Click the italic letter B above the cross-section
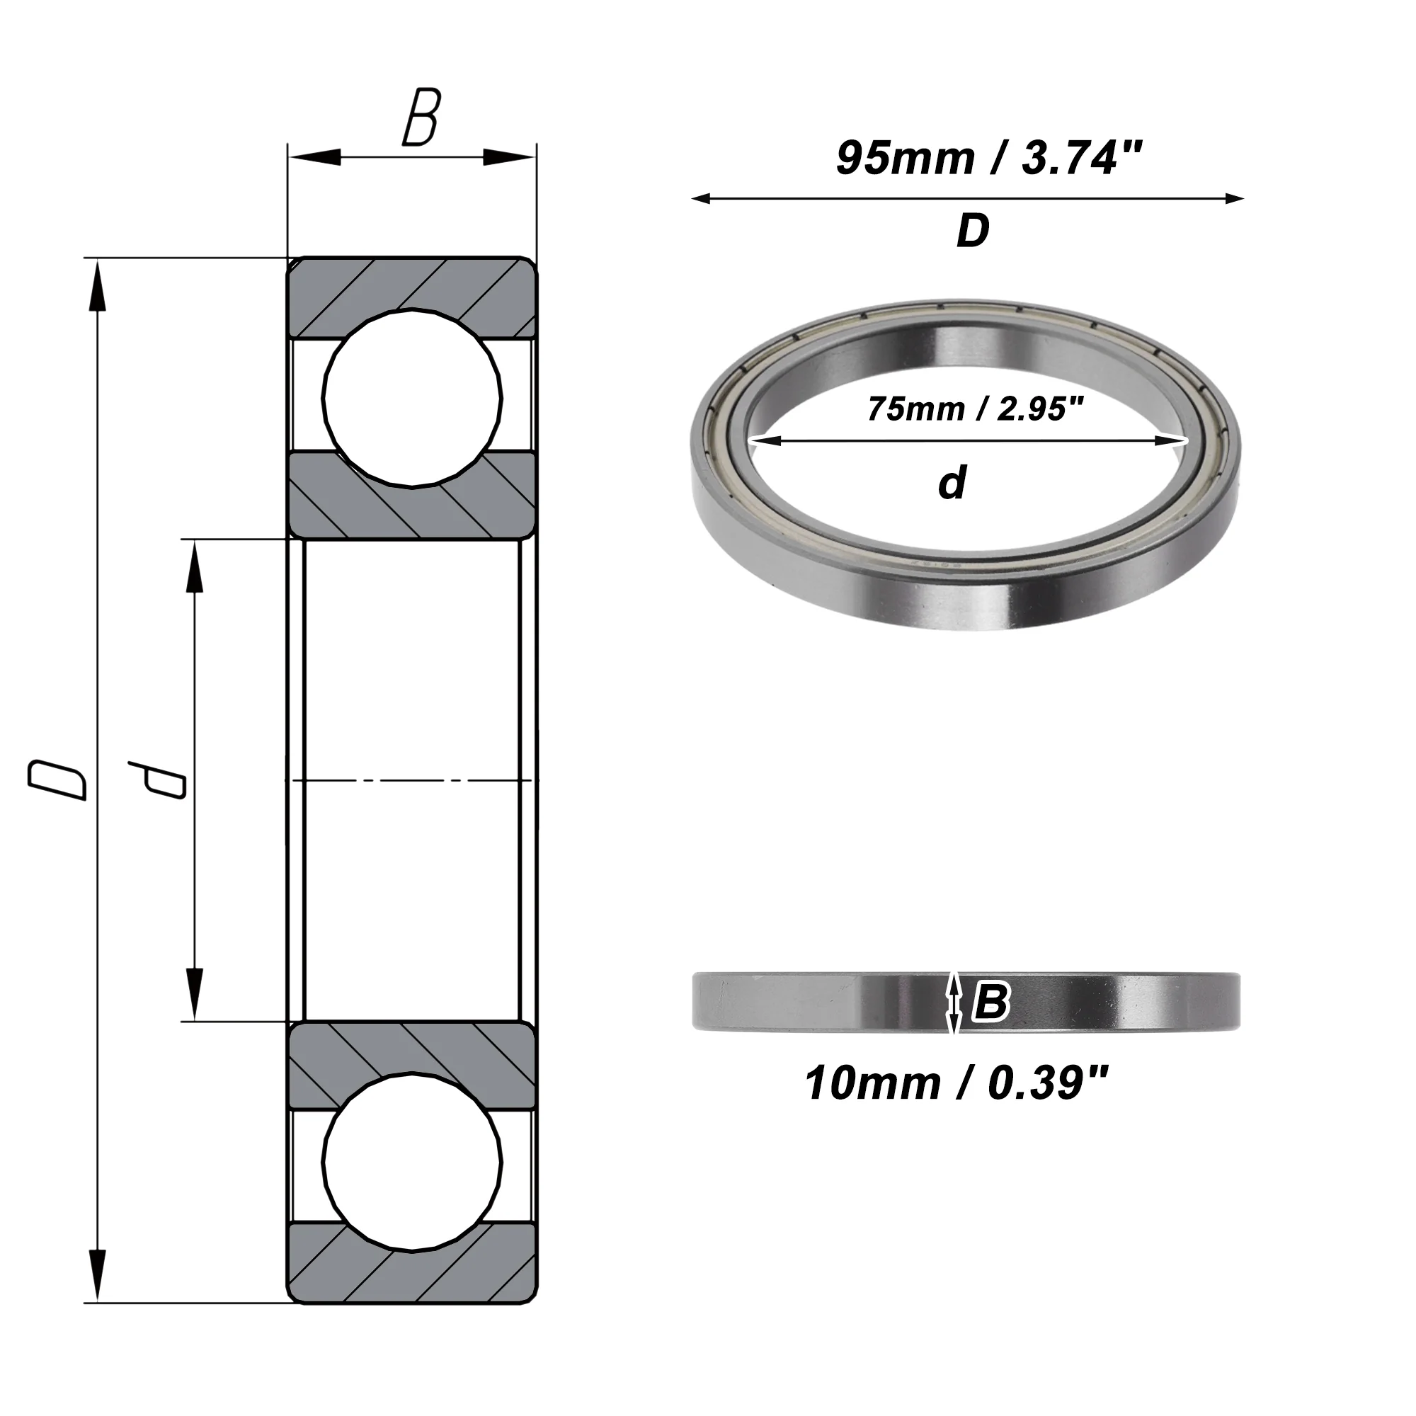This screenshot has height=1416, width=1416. (x=421, y=118)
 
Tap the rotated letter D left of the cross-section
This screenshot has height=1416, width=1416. (x=58, y=780)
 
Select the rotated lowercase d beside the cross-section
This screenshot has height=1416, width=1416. (x=157, y=780)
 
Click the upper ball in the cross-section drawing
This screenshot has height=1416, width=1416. (x=412, y=398)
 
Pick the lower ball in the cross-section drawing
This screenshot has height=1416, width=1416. (x=412, y=1163)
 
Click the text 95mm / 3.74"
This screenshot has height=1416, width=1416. (x=988, y=159)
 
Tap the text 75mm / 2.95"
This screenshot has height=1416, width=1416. (x=976, y=409)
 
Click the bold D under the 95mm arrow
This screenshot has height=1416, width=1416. (x=973, y=232)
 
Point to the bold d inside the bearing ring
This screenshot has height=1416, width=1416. (x=953, y=483)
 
